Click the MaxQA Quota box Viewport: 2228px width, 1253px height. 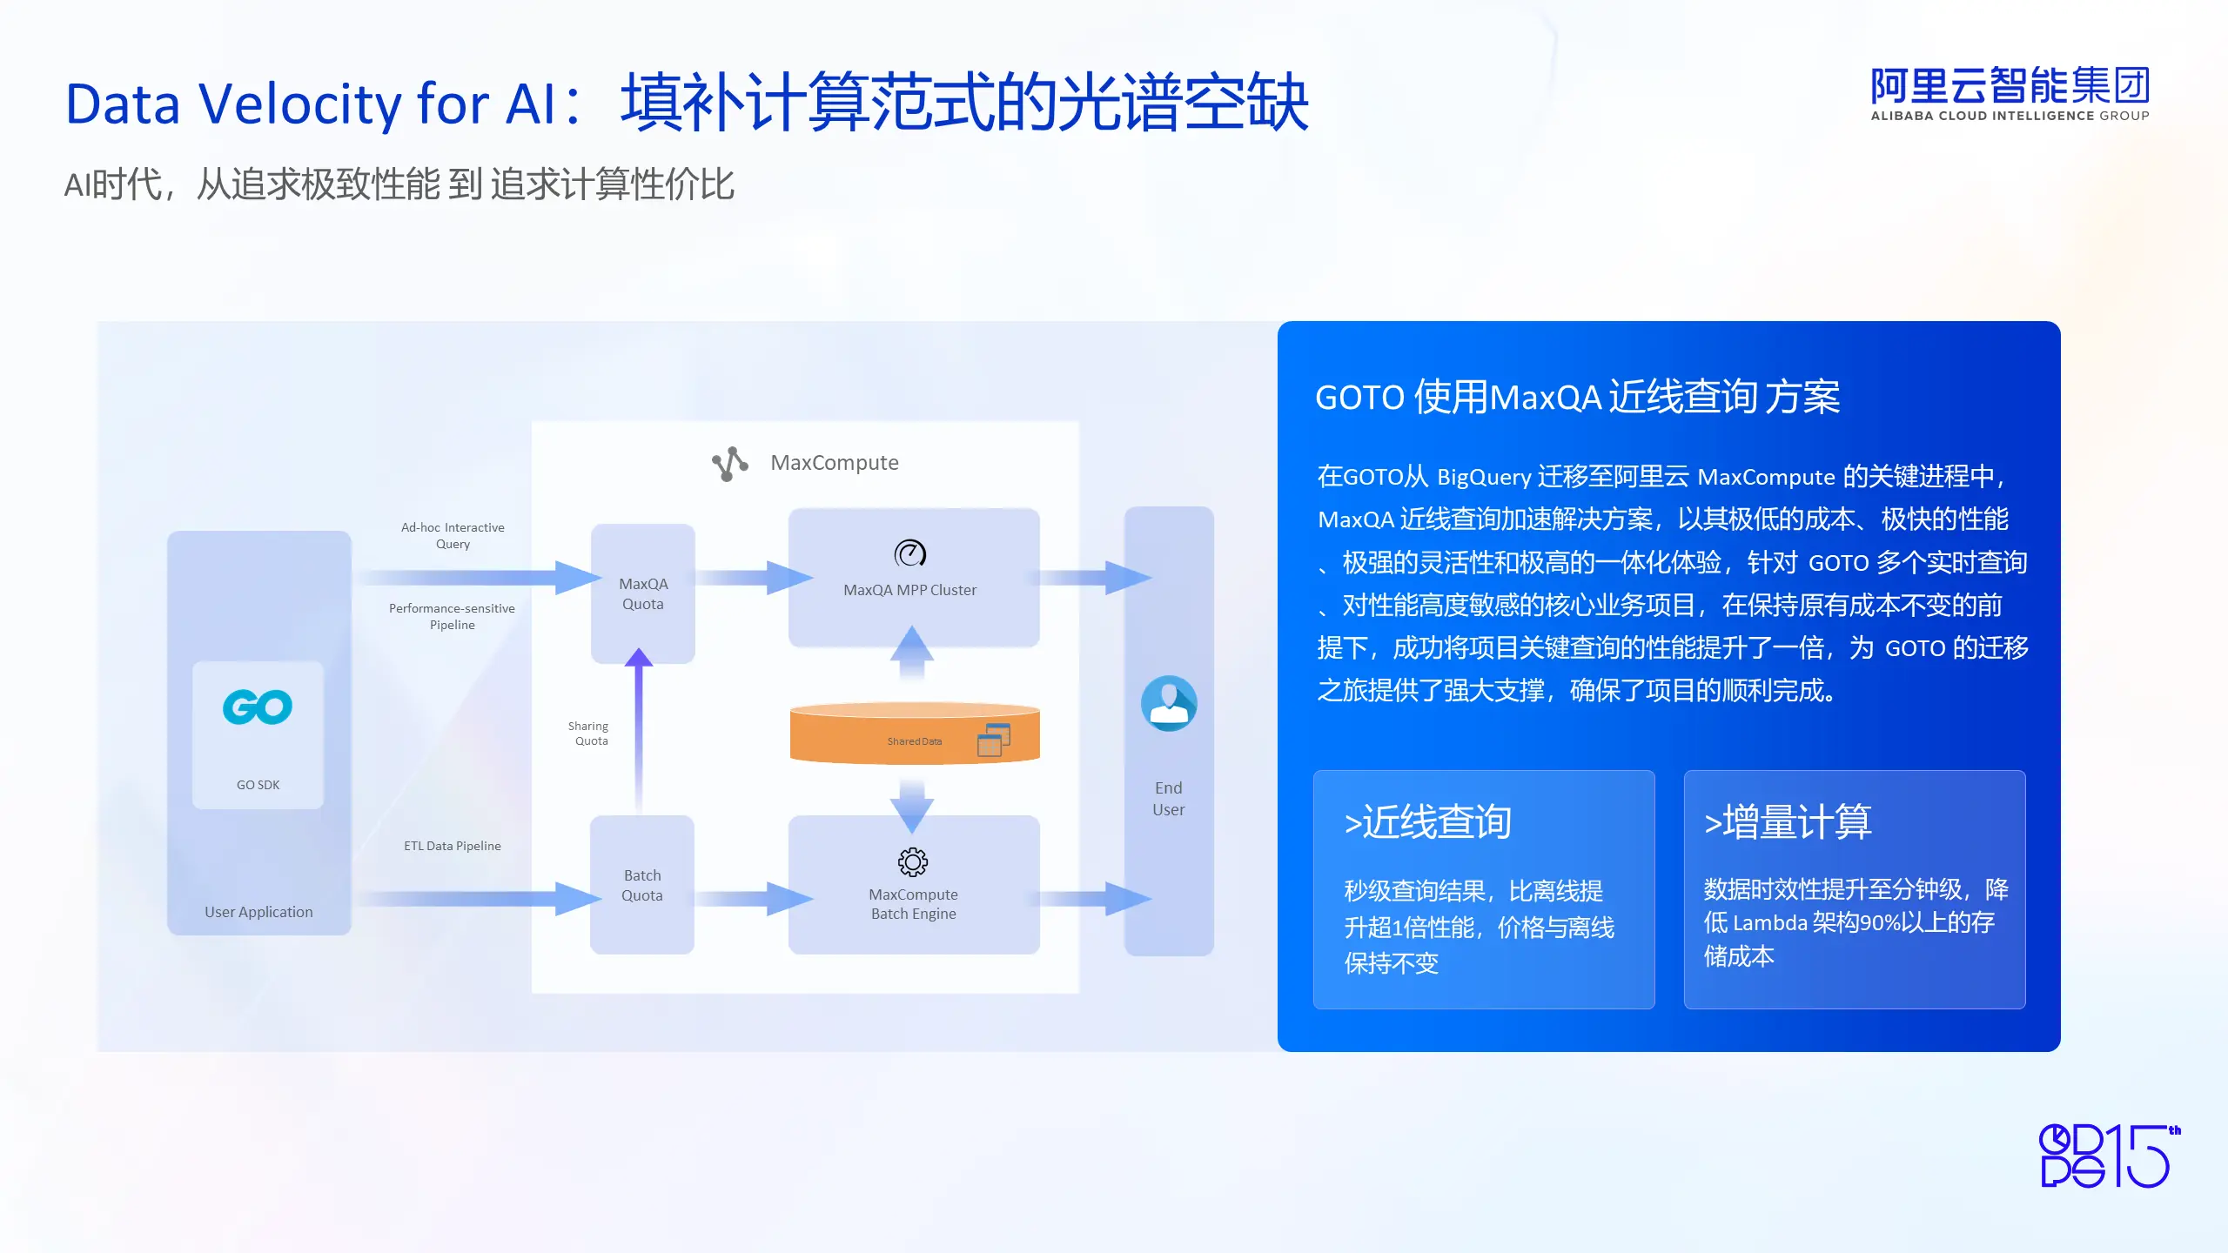tap(643, 593)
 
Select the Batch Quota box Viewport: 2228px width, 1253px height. tap(642, 885)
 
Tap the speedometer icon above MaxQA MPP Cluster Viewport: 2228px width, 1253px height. tap(910, 553)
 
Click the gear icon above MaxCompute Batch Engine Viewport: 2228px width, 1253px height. tap(913, 862)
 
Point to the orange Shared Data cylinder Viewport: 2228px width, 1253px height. tap(915, 734)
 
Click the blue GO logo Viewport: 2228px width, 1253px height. tap(258, 707)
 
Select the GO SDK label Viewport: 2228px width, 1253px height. tap(258, 785)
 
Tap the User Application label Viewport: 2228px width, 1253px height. tap(258, 912)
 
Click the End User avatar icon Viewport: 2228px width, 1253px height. tap(1169, 704)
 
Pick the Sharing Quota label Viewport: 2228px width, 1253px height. tap(589, 734)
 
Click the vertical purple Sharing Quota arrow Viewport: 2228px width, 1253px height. tap(639, 731)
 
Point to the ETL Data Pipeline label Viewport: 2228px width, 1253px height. tap(453, 846)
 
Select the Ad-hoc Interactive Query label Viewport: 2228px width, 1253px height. tap(453, 535)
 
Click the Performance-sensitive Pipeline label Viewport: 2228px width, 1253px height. tap(452, 616)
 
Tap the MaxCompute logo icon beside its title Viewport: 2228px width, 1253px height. tap(730, 464)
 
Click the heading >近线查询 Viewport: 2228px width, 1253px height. tap(1427, 822)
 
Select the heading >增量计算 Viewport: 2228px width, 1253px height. tap(1788, 822)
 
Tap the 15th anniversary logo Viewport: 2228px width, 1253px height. tap(2110, 1156)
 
